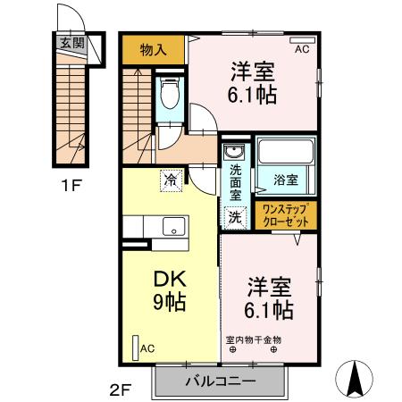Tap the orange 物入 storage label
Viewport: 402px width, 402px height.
(x=155, y=49)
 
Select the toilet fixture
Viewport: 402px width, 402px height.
(x=169, y=95)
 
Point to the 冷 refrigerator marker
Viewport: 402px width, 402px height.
(x=171, y=180)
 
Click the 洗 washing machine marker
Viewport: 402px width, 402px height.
(x=234, y=215)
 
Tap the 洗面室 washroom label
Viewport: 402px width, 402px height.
(x=235, y=181)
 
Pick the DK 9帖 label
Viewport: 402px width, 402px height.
(x=170, y=291)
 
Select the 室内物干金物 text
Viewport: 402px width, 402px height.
(x=253, y=339)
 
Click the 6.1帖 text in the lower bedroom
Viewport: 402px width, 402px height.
(x=269, y=310)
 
